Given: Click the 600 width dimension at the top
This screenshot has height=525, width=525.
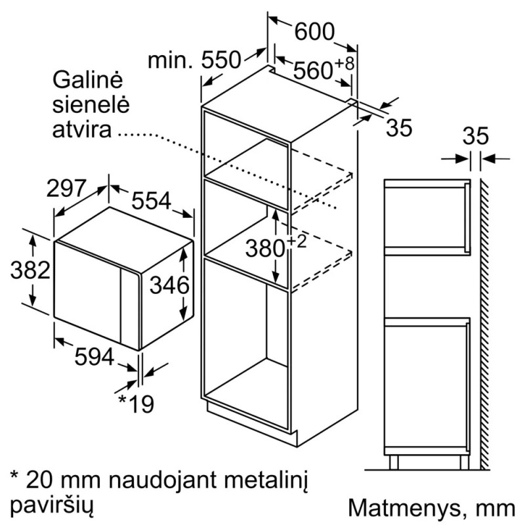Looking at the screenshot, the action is pos(314,31).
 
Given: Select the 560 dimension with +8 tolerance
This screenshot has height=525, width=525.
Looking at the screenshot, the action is pos(324,69).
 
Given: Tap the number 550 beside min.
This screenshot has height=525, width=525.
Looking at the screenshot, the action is pos(221,60).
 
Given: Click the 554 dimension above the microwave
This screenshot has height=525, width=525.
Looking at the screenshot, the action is pos(152,201).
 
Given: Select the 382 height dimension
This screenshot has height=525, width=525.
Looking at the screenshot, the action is pos(30,270).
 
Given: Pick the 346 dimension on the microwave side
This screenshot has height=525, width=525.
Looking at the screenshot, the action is pos(169,285).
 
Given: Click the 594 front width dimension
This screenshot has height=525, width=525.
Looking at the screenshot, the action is pos(94,356).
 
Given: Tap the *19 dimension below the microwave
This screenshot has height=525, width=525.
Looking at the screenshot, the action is pos(136,404).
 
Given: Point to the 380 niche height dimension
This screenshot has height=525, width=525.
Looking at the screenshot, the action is pos(265,249).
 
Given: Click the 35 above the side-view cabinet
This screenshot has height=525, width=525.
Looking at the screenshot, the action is pos(476,136).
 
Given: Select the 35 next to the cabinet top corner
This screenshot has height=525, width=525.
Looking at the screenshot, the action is pos(399,127).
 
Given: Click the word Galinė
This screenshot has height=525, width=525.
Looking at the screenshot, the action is pos(88,79).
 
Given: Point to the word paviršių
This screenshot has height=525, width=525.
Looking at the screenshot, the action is pos(52,505).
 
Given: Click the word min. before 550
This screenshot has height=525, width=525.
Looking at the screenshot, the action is pos(171,60).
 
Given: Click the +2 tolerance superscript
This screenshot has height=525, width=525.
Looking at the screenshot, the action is pos(297,241).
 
